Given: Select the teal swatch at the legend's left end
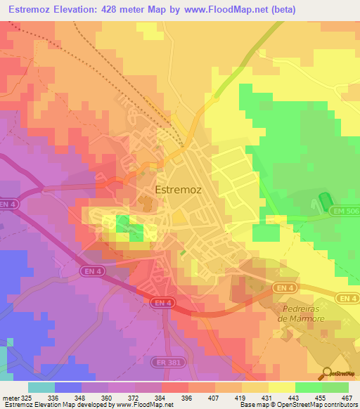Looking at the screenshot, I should coord(41,387).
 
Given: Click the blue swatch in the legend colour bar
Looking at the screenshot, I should coord(67,387).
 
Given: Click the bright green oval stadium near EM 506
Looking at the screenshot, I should coord(325,203).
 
